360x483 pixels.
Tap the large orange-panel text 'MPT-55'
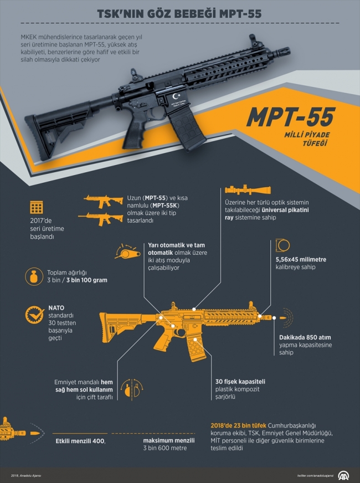pyautogui.click(x=291, y=117)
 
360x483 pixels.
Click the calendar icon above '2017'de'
pyautogui.click(x=37, y=208)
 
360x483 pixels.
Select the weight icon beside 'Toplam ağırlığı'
pyautogui.click(x=34, y=276)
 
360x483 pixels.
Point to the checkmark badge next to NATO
pyautogui.click(x=35, y=314)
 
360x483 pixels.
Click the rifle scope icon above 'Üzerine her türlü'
pyautogui.click(x=248, y=190)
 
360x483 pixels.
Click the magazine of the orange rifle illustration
pyautogui.click(x=195, y=346)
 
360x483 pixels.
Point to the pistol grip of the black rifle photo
pyautogui.click(x=133, y=133)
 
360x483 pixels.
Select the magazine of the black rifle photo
pyautogui.click(x=187, y=131)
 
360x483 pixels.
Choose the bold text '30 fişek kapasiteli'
pyautogui.click(x=240, y=381)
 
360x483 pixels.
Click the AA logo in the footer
pyautogui.click(x=344, y=475)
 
